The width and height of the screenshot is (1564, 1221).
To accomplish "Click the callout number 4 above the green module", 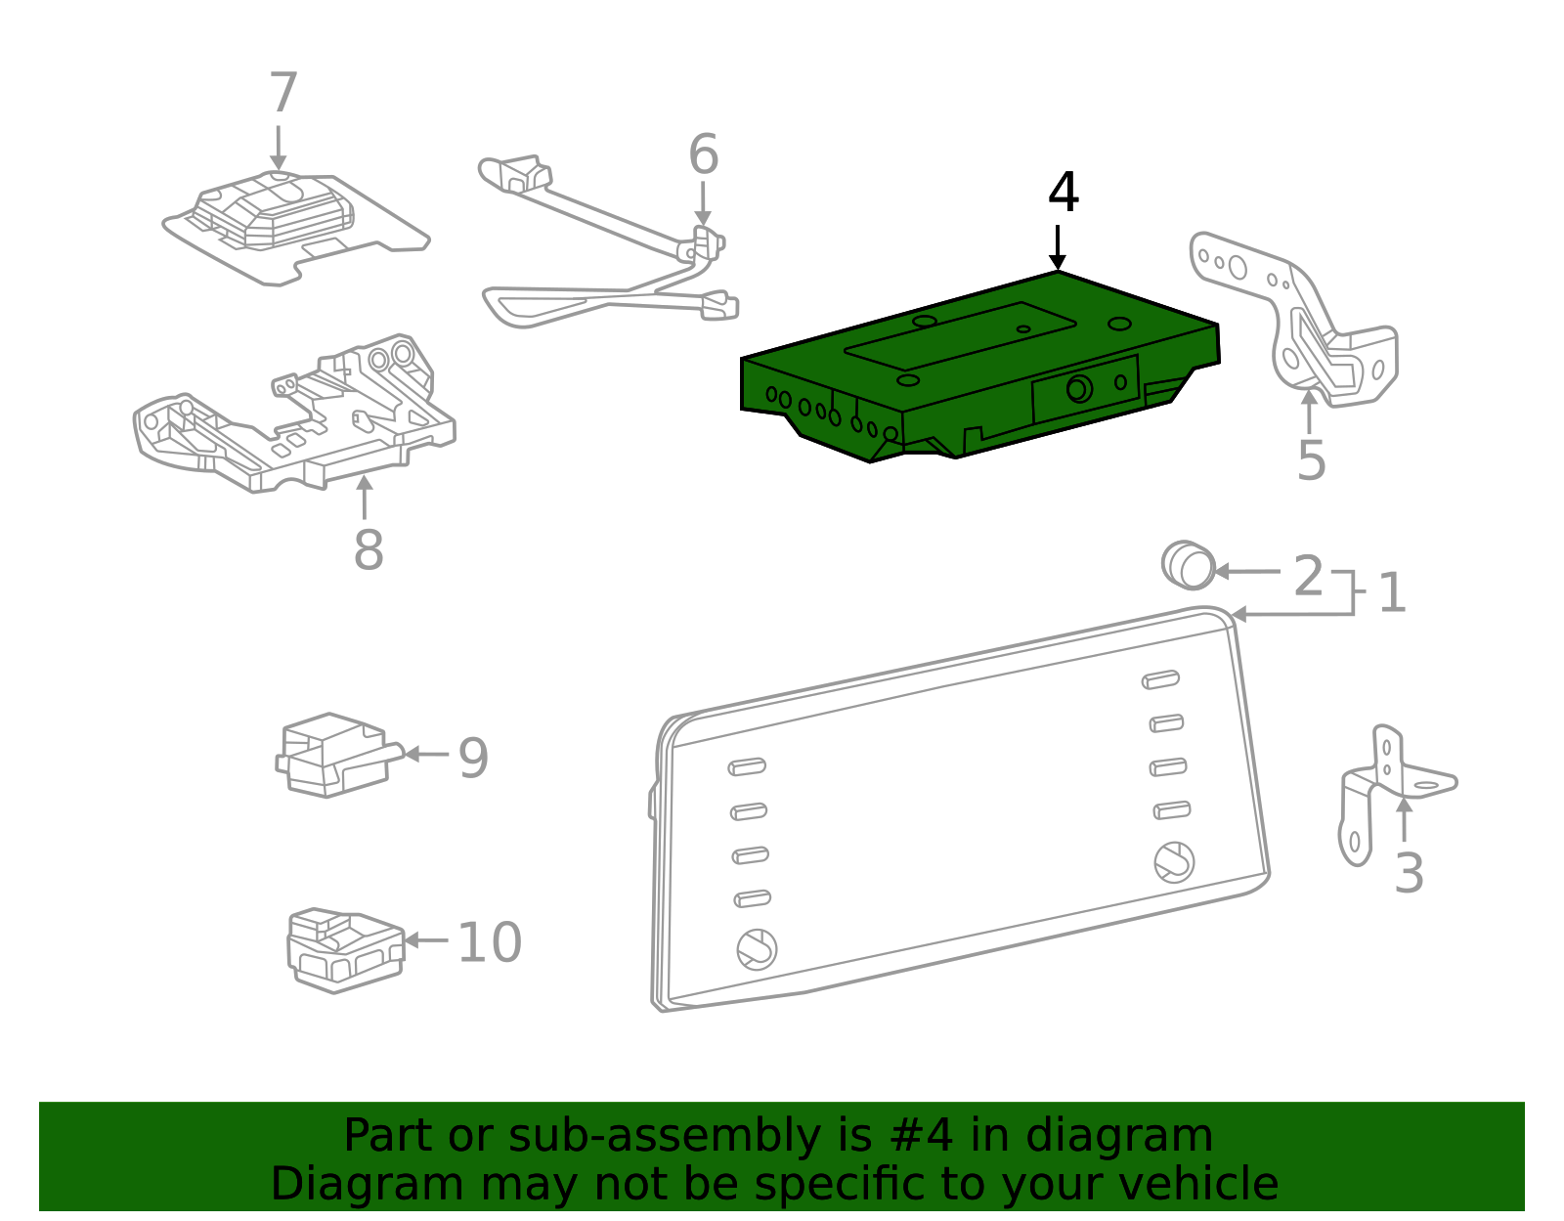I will [1063, 193].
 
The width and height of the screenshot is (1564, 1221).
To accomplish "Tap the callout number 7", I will [282, 94].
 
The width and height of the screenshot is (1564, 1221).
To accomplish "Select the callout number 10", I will [489, 943].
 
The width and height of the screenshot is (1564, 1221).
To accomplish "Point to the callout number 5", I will [1311, 460].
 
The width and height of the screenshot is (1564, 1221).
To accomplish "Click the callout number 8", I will [368, 550].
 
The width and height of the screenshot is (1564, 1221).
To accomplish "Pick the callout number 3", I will [1408, 873].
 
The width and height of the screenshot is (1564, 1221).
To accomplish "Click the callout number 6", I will [703, 155].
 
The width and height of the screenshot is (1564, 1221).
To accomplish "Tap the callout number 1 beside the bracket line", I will [1391, 593].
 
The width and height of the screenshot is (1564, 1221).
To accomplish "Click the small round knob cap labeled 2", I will [1189, 565].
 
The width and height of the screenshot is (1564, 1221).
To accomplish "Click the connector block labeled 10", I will [344, 949].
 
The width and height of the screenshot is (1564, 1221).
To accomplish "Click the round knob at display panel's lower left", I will [757, 948].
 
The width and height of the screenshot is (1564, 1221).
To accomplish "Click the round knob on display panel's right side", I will [1173, 861].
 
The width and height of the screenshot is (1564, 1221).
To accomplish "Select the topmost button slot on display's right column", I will [1160, 679].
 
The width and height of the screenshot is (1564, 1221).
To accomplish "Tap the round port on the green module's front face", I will [1078, 389].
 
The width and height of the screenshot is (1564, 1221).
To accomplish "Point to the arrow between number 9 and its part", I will [424, 754].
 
